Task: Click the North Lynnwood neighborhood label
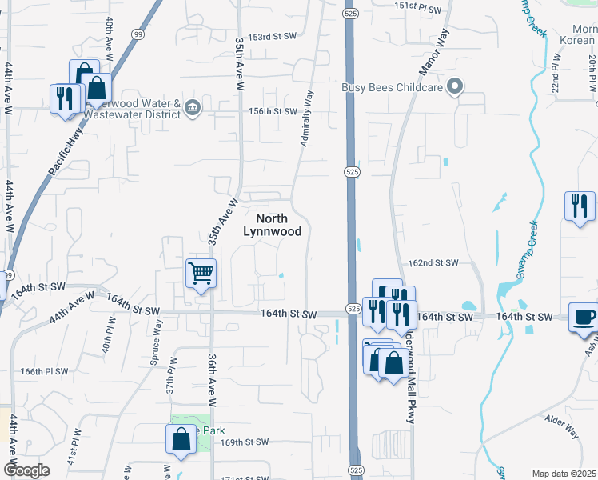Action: point(272,225)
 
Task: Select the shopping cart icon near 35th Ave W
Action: point(201,273)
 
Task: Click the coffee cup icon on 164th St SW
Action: point(584,317)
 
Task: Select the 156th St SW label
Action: point(273,111)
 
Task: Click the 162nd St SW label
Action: point(433,262)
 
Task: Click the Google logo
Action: point(26,470)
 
